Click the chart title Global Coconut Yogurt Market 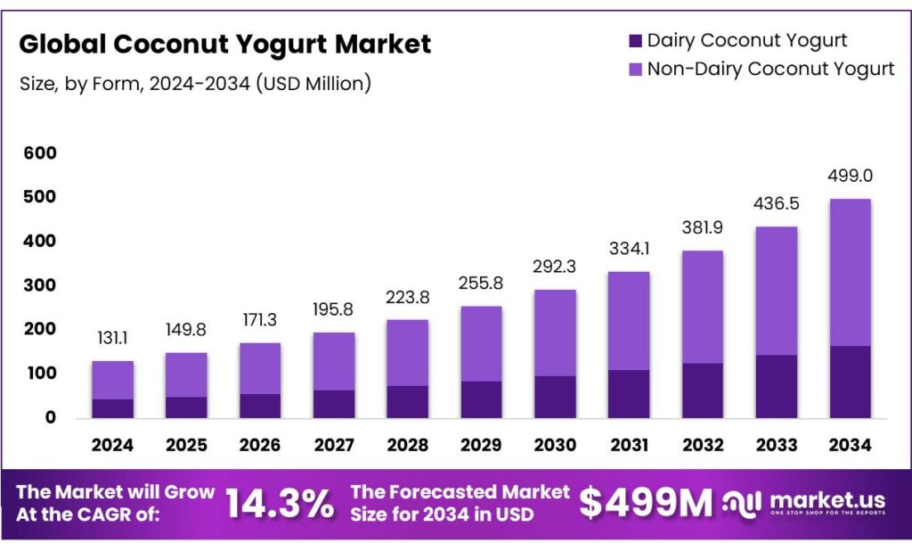pyautogui.click(x=224, y=44)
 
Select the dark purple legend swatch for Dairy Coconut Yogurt pyautogui.click(x=635, y=41)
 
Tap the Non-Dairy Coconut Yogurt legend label pyautogui.click(x=770, y=69)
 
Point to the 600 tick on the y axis pyautogui.click(x=40, y=153)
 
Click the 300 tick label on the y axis pyautogui.click(x=40, y=285)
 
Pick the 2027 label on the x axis pyautogui.click(x=334, y=445)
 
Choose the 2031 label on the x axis pyautogui.click(x=628, y=445)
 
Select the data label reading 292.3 pyautogui.click(x=555, y=266)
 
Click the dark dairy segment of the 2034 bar pyautogui.click(x=849, y=382)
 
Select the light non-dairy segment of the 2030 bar pyautogui.click(x=555, y=333)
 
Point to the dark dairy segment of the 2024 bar pyautogui.click(x=113, y=408)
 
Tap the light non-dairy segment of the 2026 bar pyautogui.click(x=260, y=368)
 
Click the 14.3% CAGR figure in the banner pyautogui.click(x=279, y=505)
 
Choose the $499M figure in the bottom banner pyautogui.click(x=646, y=504)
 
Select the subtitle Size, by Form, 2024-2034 pyautogui.click(x=195, y=84)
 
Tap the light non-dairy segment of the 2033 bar pyautogui.click(x=775, y=291)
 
